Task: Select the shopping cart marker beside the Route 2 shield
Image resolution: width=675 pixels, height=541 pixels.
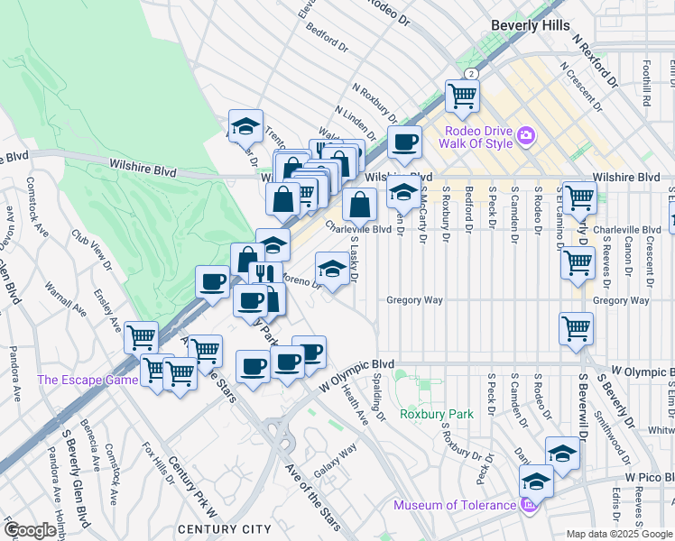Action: (462, 96)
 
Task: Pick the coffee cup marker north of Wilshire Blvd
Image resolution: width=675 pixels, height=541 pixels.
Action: (404, 142)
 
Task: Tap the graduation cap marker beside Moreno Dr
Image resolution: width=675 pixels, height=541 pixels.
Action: (331, 269)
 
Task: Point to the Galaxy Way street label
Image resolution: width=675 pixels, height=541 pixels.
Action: (337, 462)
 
